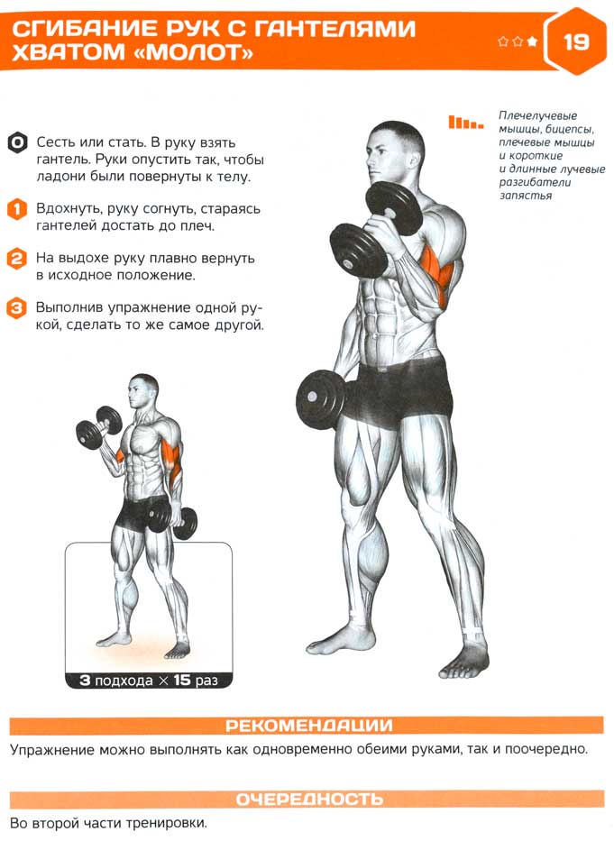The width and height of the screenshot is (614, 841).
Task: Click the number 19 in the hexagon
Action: point(576,41)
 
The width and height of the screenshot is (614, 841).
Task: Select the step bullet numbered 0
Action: point(17,142)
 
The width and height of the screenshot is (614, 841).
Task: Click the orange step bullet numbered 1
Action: point(17,208)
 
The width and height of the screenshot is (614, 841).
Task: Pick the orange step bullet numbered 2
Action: point(17,259)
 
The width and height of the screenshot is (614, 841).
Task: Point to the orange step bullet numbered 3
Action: point(17,308)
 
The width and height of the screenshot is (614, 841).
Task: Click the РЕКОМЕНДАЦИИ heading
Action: point(308,726)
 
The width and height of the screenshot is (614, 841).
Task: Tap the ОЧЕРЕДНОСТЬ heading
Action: point(309,800)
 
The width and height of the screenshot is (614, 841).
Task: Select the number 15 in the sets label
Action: point(182,680)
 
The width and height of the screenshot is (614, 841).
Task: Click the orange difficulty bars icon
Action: point(465,123)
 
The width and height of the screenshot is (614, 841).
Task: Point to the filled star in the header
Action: point(532,41)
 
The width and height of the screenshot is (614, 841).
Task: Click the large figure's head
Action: point(395,152)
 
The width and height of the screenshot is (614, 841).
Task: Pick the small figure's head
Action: point(142,390)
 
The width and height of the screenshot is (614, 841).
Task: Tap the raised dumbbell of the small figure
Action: point(99,426)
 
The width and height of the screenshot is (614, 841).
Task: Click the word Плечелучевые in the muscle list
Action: point(537,116)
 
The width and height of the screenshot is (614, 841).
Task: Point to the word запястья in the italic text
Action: point(526,196)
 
